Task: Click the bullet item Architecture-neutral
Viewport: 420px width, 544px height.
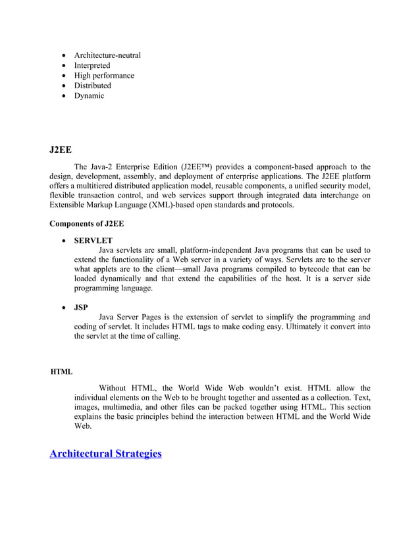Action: pos(107,55)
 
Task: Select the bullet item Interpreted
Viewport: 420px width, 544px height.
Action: pos(92,65)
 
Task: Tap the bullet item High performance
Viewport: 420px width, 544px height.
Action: pos(104,75)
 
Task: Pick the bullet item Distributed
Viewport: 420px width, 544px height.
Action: pos(93,86)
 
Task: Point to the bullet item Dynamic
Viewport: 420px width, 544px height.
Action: pos(89,95)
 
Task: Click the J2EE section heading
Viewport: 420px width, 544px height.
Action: pos(61,150)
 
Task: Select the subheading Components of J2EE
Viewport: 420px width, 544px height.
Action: pos(87,224)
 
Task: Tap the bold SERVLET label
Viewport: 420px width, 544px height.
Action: pos(93,241)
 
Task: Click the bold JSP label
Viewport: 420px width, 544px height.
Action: pos(81,307)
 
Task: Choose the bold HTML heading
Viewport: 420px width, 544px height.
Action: pos(62,372)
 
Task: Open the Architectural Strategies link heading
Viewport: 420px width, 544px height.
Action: pos(106,454)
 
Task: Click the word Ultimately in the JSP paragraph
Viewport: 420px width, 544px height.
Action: pos(293,327)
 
